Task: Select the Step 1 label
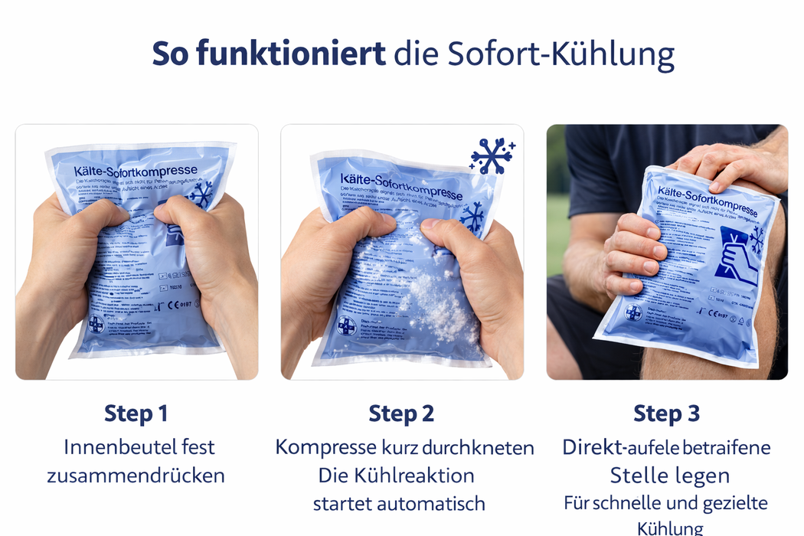pyautogui.click(x=136, y=413)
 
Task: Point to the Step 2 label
pyautogui.click(x=401, y=413)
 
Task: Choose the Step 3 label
pyautogui.click(x=666, y=413)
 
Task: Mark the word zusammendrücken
pyautogui.click(x=136, y=475)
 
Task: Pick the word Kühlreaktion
pyautogui.click(x=417, y=475)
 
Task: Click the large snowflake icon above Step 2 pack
pyautogui.click(x=491, y=155)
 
